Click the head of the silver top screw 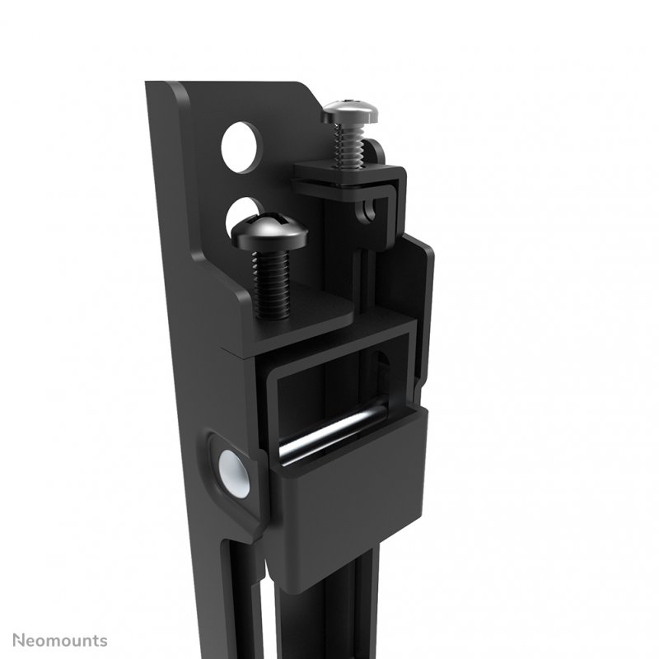coord(349,110)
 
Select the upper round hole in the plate coord(241,147)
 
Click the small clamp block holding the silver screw coord(350,176)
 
